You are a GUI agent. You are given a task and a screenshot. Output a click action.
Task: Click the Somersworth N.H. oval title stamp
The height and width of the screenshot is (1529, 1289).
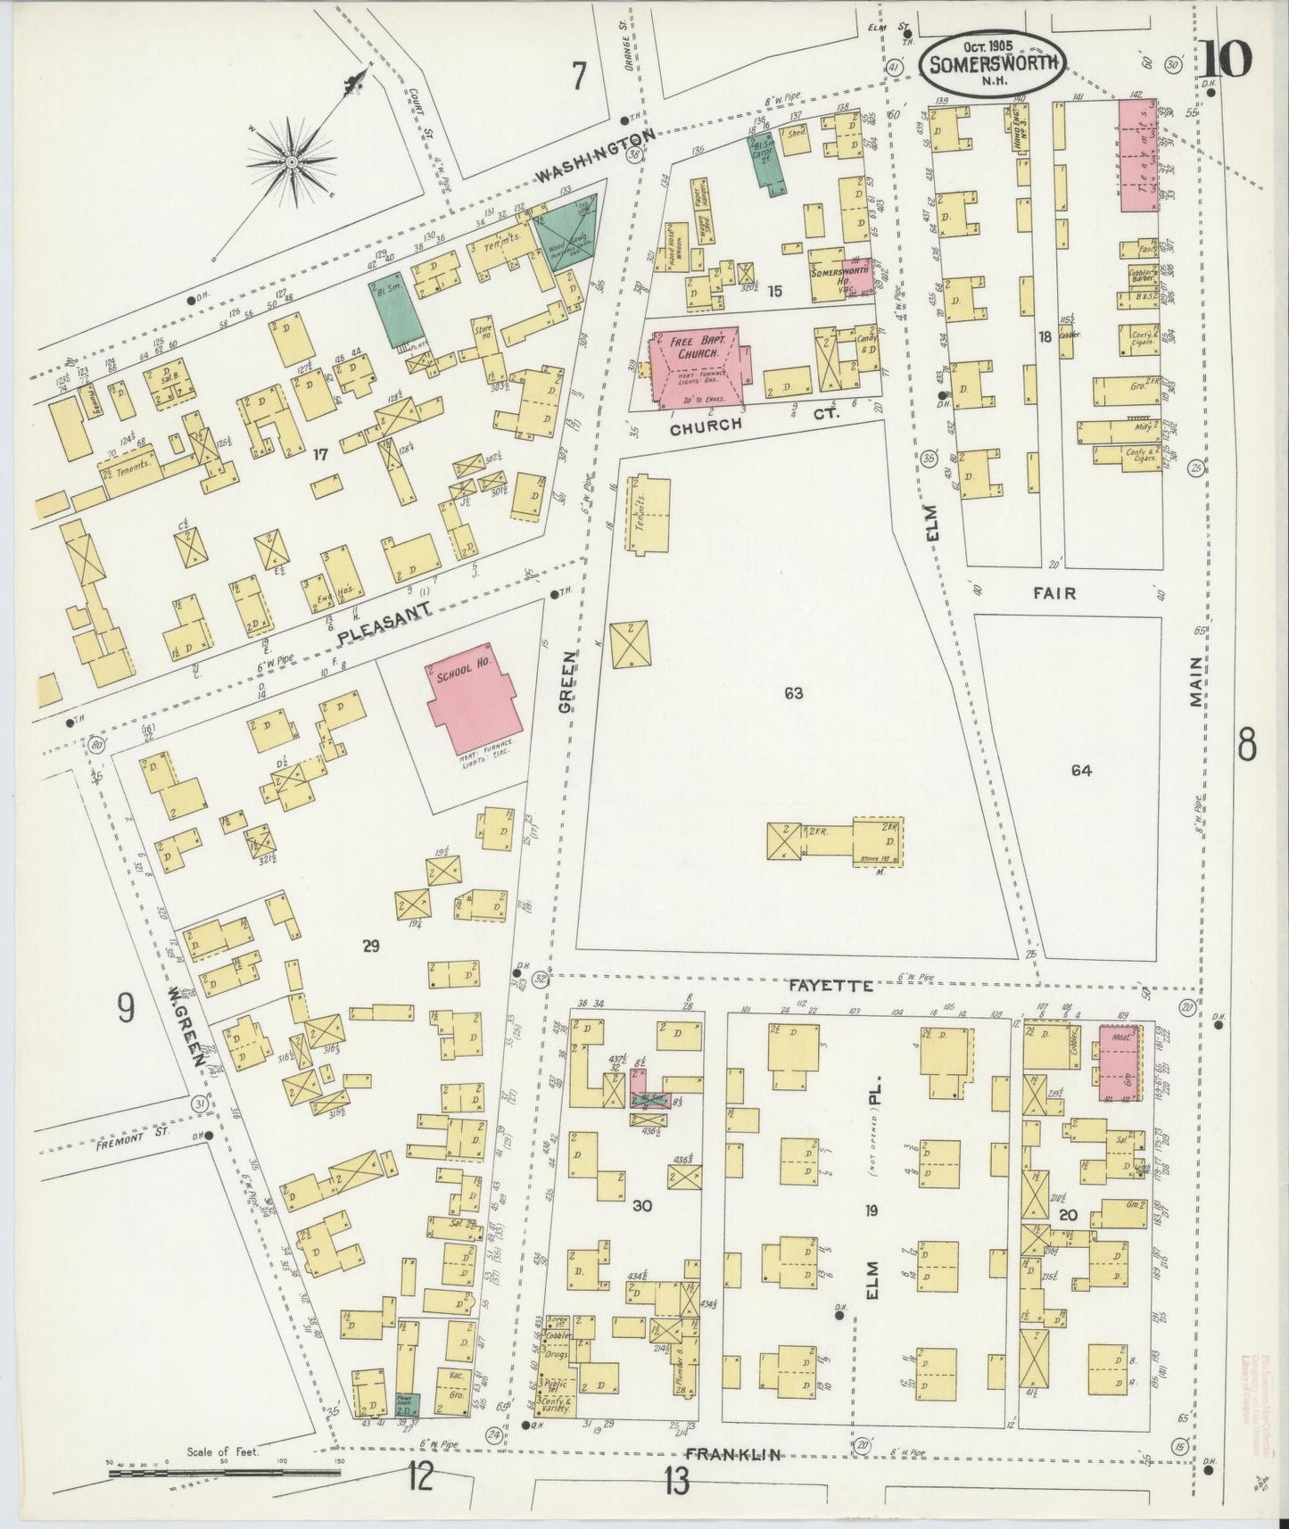[x=990, y=62]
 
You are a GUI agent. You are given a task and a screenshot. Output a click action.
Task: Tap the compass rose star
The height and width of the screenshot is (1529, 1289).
[x=292, y=161]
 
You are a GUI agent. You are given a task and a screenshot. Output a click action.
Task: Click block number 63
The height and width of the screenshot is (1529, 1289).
[x=794, y=692]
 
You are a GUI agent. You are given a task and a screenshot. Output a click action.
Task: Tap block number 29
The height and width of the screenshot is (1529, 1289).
[x=371, y=946]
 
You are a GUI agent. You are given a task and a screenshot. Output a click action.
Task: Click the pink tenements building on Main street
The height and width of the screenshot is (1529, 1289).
[x=1138, y=155]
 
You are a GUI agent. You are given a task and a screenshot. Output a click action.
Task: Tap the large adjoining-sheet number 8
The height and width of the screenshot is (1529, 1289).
[x=1246, y=746]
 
